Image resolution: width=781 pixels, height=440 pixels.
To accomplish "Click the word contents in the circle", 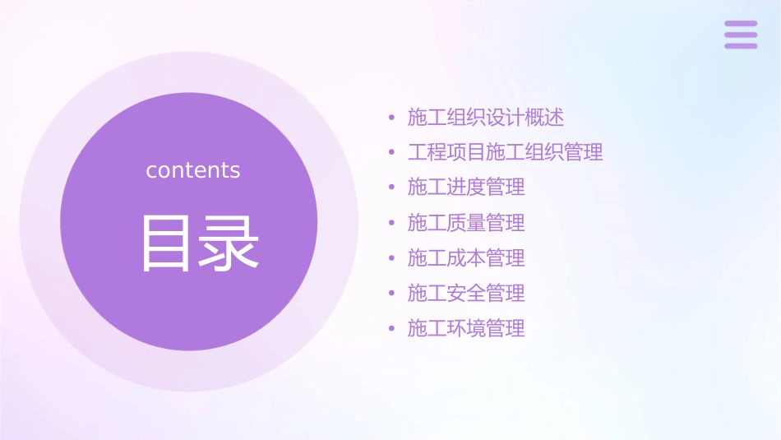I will coord(193,170).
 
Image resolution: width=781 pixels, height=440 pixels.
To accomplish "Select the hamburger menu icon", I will coord(741,35).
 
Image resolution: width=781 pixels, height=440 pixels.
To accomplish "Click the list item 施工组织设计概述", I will coord(486,118).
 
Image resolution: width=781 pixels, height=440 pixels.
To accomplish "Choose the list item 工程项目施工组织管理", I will coord(505,152).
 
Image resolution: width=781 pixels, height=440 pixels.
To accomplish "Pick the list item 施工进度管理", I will coord(466,188).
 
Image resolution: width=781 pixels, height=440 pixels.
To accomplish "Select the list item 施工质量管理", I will coord(466,223).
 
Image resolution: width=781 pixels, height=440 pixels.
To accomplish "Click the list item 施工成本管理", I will coord(466,258).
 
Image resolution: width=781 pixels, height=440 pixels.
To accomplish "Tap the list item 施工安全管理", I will coord(466,294).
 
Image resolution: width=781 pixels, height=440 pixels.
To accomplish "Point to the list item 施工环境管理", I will coord(466,329).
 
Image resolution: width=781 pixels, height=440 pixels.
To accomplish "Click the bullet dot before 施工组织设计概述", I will coord(392,118).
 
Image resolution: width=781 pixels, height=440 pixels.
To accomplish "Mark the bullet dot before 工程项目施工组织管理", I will coord(392,153).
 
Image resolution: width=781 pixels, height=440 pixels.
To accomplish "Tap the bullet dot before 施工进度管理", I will coord(392,188).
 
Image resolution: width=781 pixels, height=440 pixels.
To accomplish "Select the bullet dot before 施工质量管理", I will coord(392,224).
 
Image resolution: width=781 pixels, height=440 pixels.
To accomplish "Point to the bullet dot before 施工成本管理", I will coord(392,259).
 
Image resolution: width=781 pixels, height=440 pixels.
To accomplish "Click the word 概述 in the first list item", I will coord(544,118).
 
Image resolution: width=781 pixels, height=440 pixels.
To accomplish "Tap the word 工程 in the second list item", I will coord(427,152).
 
